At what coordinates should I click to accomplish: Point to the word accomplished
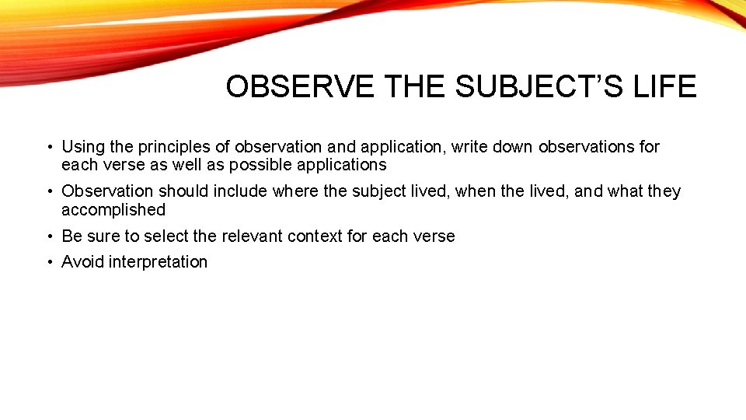coord(113,210)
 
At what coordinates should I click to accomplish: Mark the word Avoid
coord(83,262)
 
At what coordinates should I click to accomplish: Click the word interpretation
coord(159,262)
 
